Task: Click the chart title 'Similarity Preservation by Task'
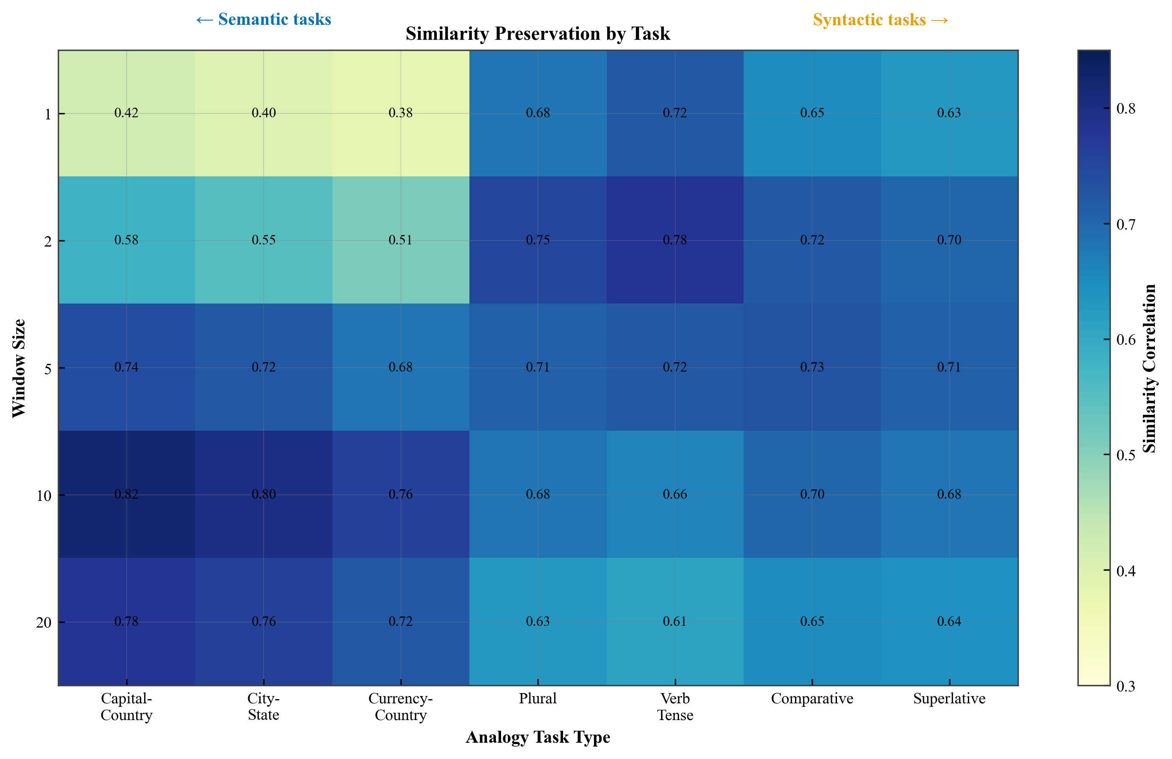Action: pyautogui.click(x=537, y=33)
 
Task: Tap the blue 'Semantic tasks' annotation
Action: pyautogui.click(x=264, y=19)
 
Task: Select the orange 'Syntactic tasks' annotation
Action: pyautogui.click(x=880, y=20)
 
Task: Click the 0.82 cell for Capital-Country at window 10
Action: pyautogui.click(x=127, y=494)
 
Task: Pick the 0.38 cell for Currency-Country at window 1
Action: pyautogui.click(x=401, y=113)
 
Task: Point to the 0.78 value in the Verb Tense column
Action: pyautogui.click(x=675, y=240)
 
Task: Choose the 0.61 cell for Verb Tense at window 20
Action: pyautogui.click(x=675, y=621)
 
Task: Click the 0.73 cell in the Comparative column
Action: pyautogui.click(x=812, y=367)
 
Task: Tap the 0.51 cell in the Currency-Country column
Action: pyautogui.click(x=401, y=240)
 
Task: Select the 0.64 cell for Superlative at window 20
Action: pyautogui.click(x=949, y=621)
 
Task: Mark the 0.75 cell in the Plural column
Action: pyautogui.click(x=537, y=240)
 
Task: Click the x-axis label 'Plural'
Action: pyautogui.click(x=537, y=698)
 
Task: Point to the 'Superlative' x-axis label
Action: pyautogui.click(x=949, y=698)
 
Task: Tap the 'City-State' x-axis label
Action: pyautogui.click(x=264, y=706)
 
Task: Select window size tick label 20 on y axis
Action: pyautogui.click(x=43, y=622)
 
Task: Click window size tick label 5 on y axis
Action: pyautogui.click(x=47, y=369)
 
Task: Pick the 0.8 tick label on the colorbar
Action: pyautogui.click(x=1126, y=108)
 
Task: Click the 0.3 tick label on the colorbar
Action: pyautogui.click(x=1126, y=686)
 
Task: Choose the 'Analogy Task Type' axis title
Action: pyautogui.click(x=537, y=737)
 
